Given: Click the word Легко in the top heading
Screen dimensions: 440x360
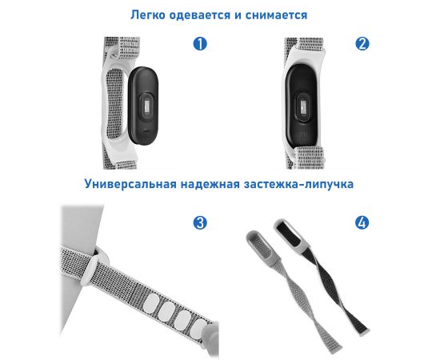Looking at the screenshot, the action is click(x=148, y=15).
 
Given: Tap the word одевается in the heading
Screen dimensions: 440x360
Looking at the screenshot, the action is click(x=200, y=15).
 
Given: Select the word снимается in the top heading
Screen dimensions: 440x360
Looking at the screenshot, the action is click(x=277, y=15).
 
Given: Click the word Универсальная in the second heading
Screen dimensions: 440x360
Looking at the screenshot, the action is click(x=130, y=184).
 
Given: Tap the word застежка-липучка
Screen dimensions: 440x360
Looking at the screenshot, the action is click(x=299, y=184).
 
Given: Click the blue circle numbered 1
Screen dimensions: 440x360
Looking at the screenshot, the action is click(x=200, y=44).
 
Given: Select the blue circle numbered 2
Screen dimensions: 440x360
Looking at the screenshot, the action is click(x=362, y=44).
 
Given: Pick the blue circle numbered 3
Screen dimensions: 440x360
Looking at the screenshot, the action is click(x=200, y=222).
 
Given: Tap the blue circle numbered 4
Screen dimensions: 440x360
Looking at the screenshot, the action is click(x=362, y=222).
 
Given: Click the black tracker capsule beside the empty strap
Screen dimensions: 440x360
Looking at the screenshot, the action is click(x=143, y=106).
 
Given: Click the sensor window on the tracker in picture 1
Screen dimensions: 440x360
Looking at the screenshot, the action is click(x=146, y=107).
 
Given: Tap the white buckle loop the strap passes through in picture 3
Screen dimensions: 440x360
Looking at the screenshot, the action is click(x=93, y=268).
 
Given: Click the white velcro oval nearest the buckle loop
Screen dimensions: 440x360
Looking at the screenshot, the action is click(x=151, y=304).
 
